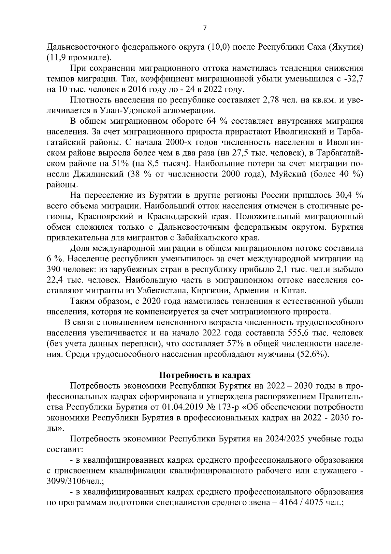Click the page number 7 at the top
tap(205, 28)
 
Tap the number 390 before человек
tap(54, 270)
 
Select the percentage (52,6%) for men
tap(312, 354)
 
